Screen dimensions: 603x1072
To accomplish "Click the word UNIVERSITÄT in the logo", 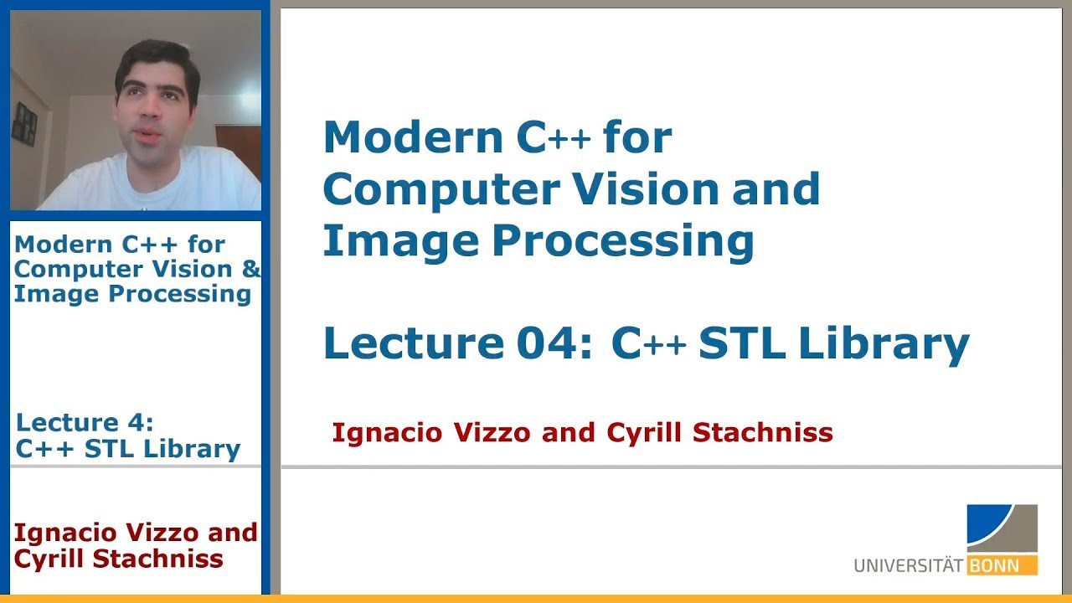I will [x=908, y=566].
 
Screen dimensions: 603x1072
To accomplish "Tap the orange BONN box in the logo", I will [x=1002, y=566].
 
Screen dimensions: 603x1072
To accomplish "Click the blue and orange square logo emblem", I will [x=1002, y=528].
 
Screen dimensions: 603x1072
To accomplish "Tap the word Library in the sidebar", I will [x=191, y=450].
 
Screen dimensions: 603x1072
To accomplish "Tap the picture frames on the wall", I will [x=26, y=123].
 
